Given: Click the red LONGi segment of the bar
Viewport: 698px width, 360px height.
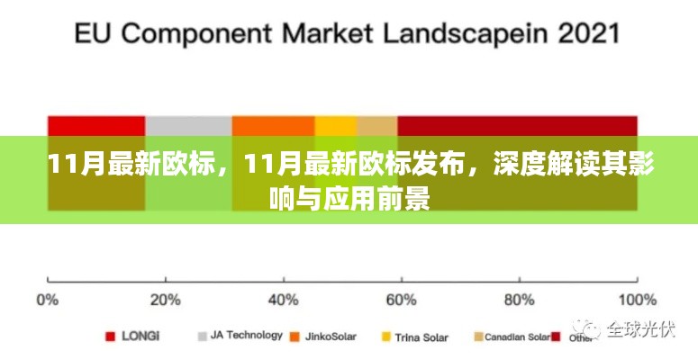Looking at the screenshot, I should (x=96, y=126).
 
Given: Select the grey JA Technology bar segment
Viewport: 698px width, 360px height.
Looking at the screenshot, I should (x=188, y=126).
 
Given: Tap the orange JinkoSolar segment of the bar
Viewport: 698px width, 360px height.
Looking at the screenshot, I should (x=273, y=126).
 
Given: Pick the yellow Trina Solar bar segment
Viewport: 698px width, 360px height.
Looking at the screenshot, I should (x=336, y=126).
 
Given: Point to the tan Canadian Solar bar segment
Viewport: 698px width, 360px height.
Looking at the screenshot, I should (x=377, y=126).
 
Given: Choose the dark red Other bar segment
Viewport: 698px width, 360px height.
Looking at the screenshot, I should (x=517, y=126).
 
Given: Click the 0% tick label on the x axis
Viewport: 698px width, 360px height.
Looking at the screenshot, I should (x=48, y=299).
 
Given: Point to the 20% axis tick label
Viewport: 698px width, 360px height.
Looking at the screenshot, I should (x=165, y=299).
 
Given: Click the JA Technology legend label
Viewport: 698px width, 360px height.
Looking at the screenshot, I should (x=245, y=336).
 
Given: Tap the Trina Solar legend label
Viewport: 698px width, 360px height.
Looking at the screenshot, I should (x=422, y=337).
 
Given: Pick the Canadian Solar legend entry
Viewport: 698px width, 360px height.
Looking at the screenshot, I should (x=516, y=337).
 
